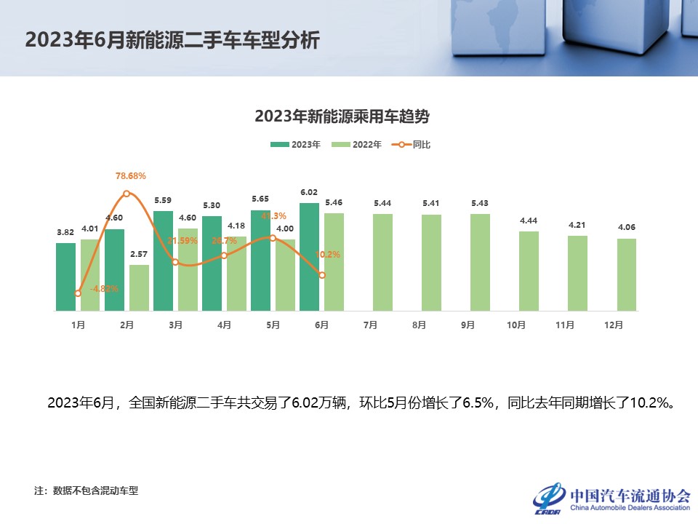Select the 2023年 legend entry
[x=296, y=145]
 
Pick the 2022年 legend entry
[x=357, y=145]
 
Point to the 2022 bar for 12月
[x=626, y=274]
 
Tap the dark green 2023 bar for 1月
[x=66, y=277]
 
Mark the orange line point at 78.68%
[x=127, y=194]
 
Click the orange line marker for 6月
[x=322, y=275]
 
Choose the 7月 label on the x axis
[x=370, y=325]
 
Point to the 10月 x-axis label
[x=516, y=325]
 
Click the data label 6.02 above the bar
[x=310, y=193]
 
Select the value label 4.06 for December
[x=626, y=228]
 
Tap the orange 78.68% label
[x=131, y=176]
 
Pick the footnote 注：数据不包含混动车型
[x=86, y=491]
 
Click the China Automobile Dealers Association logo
[x=611, y=498]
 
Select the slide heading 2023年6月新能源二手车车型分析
[x=172, y=39]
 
